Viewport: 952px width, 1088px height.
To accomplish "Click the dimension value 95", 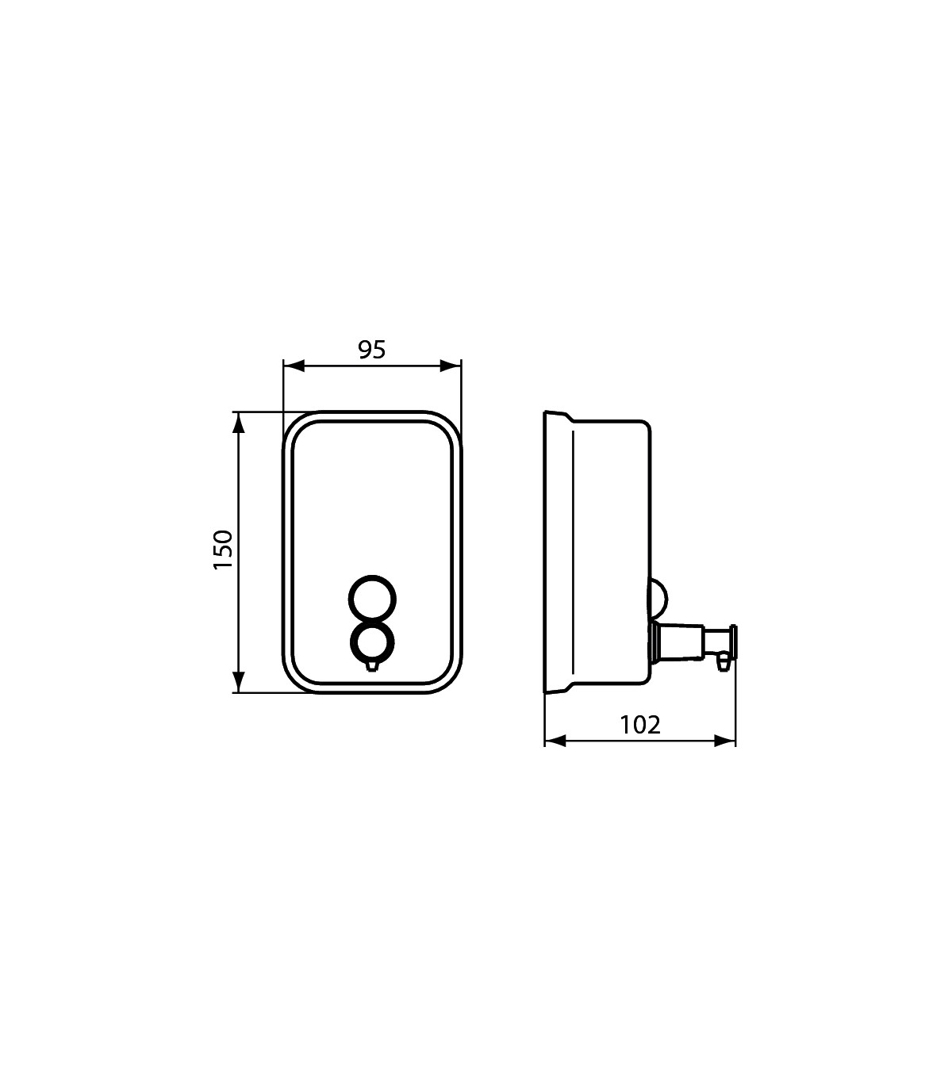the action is pyautogui.click(x=372, y=350).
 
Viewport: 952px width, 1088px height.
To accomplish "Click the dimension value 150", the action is pyautogui.click(x=223, y=550).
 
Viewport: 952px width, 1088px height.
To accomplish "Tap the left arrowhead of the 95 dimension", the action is pyautogui.click(x=294, y=366).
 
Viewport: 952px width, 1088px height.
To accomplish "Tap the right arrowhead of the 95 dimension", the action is pyautogui.click(x=451, y=366).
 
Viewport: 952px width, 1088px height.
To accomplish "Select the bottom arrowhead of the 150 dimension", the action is pyautogui.click(x=239, y=682).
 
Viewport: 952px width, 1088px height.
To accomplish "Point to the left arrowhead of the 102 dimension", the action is pyautogui.click(x=555, y=741).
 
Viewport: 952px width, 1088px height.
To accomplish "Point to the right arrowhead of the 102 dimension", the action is pyautogui.click(x=725, y=741).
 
